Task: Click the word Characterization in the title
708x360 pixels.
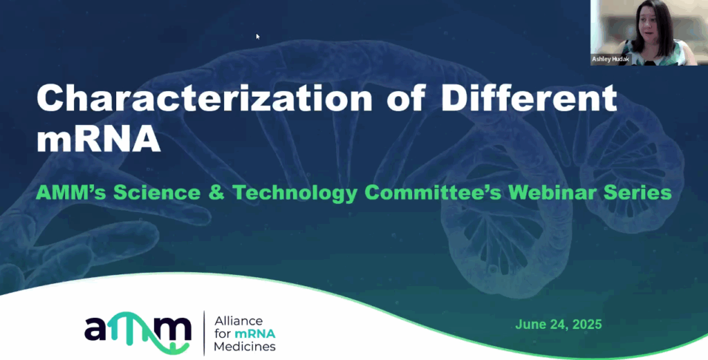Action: pos(204,98)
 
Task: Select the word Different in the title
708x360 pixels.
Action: pos(529,98)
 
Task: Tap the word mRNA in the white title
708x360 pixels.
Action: pos(98,138)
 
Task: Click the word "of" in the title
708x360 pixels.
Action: pos(407,98)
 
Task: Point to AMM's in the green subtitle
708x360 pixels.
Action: pos(71,193)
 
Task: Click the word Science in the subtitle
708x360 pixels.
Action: pos(157,193)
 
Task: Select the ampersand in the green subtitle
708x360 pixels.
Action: pos(216,193)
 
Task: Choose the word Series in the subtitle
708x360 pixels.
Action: pos(637,193)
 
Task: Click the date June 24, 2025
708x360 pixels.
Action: pos(559,324)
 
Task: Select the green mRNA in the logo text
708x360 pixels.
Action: pos(254,334)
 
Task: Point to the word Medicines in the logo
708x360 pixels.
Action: pos(245,346)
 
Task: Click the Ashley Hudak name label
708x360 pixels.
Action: pos(611,59)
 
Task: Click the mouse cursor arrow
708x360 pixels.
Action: pos(258,37)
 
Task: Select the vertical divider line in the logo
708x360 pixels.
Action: pos(204,333)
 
